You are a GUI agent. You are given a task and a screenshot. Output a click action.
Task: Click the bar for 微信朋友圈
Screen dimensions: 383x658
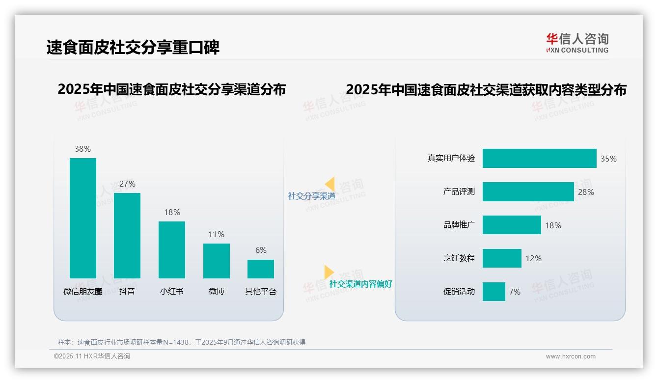tap(83, 218)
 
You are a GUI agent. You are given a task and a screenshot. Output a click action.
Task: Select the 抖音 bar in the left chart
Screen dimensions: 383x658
tap(127, 236)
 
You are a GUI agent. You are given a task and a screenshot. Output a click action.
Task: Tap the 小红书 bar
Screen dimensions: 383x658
tap(172, 250)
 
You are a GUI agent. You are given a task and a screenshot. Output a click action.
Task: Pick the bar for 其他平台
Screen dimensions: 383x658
tap(261, 269)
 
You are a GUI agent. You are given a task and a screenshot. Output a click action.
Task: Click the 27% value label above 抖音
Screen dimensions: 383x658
tap(127, 184)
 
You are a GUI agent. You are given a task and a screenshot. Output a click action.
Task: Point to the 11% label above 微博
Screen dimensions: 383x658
tap(216, 234)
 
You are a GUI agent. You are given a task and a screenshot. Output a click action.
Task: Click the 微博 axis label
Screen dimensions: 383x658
tap(216, 291)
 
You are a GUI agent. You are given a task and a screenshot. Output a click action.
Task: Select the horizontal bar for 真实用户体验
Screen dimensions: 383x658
tap(539, 159)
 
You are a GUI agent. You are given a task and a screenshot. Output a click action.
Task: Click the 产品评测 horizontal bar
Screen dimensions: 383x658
tap(528, 192)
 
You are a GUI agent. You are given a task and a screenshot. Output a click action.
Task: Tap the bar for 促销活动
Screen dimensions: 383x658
tap(493, 292)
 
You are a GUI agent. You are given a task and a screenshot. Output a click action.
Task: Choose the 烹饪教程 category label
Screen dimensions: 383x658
tap(459, 258)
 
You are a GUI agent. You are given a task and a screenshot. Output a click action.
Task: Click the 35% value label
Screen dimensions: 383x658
tap(608, 159)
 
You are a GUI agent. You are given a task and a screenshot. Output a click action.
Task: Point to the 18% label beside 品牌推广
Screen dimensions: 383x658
tap(553, 225)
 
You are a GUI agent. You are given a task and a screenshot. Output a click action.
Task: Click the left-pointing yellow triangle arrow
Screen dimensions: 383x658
tap(330, 184)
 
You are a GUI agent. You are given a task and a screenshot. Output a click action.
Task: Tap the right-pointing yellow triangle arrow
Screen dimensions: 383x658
tap(329, 272)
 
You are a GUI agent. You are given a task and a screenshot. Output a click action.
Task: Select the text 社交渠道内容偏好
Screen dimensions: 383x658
tap(361, 284)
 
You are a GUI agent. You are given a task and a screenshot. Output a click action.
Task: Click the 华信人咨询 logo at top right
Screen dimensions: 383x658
tap(577, 43)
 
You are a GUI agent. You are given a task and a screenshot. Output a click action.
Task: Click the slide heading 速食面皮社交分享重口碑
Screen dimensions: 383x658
tap(133, 47)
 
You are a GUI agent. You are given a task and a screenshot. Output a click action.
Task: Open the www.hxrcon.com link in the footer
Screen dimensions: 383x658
tap(570, 356)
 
